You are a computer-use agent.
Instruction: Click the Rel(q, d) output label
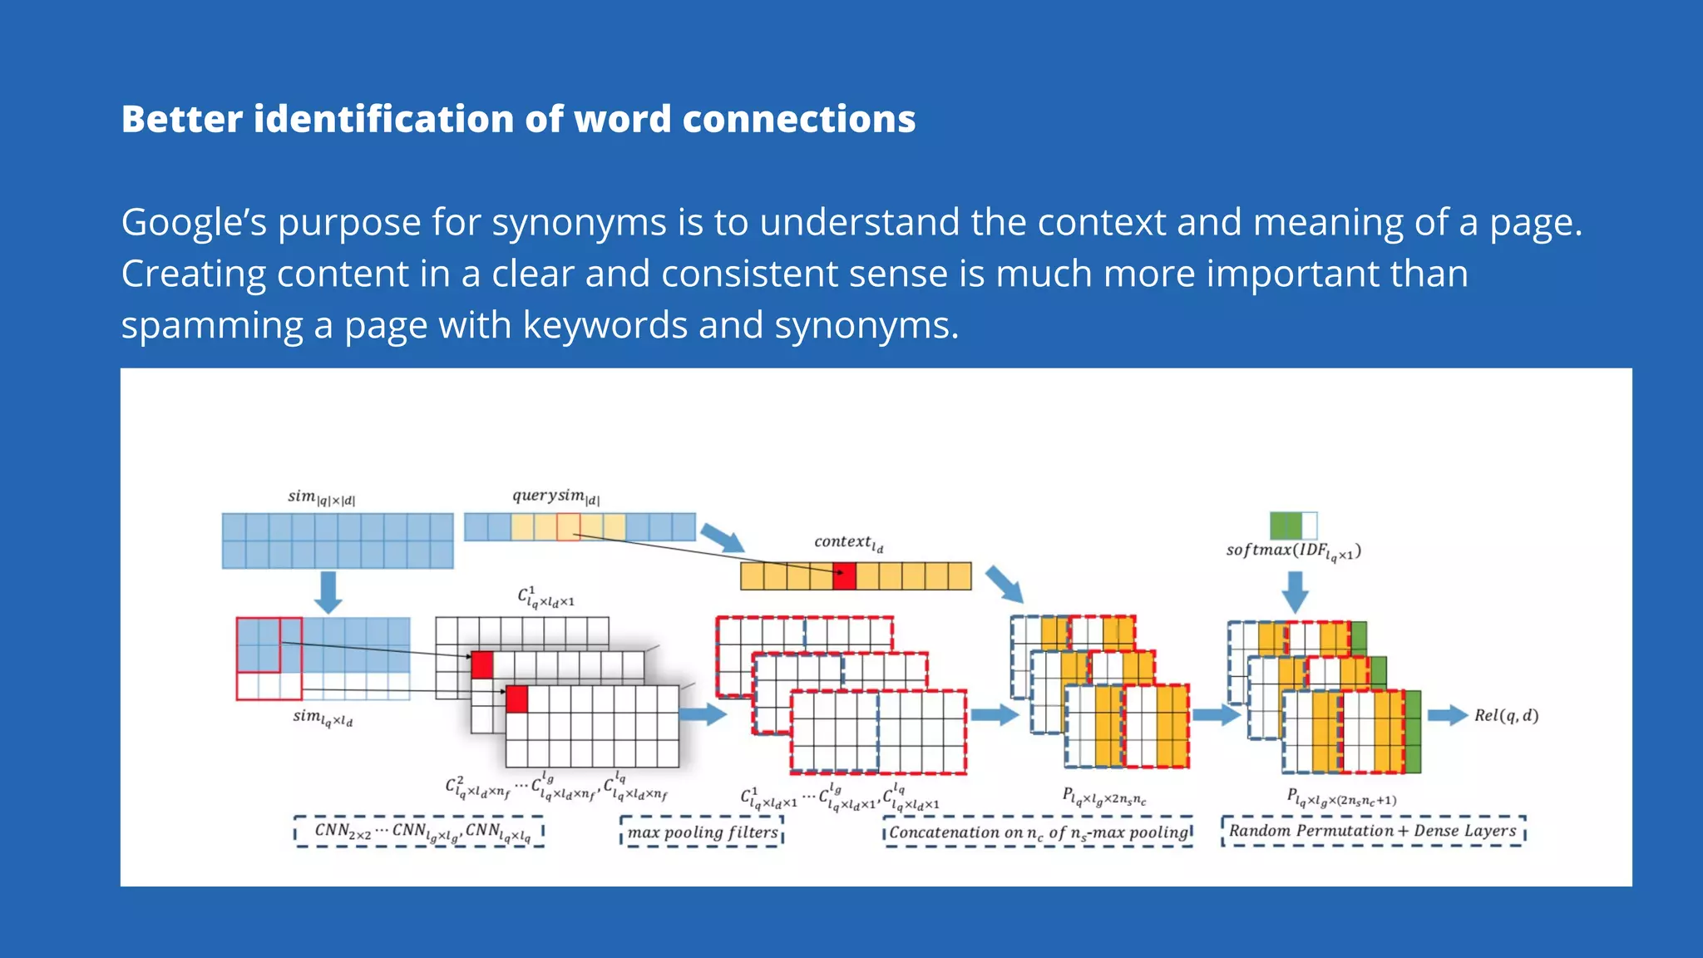click(x=1506, y=715)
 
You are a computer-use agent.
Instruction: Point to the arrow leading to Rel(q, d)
click(x=1448, y=715)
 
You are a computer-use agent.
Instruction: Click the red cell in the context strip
click(x=844, y=576)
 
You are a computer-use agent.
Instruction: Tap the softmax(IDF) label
click(x=1293, y=551)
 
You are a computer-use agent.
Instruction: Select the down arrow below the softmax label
click(x=1295, y=591)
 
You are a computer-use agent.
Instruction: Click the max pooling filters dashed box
click(x=702, y=832)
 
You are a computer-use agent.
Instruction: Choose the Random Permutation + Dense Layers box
click(x=1373, y=831)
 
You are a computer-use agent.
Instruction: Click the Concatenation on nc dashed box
click(x=1039, y=832)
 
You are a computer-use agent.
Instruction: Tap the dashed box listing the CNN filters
click(x=419, y=832)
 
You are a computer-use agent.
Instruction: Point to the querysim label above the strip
click(x=555, y=496)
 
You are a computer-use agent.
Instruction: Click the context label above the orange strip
click(x=848, y=542)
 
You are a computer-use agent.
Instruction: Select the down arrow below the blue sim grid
click(x=328, y=591)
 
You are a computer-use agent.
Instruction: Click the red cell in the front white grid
click(x=517, y=699)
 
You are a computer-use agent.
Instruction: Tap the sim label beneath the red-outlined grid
click(x=323, y=717)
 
